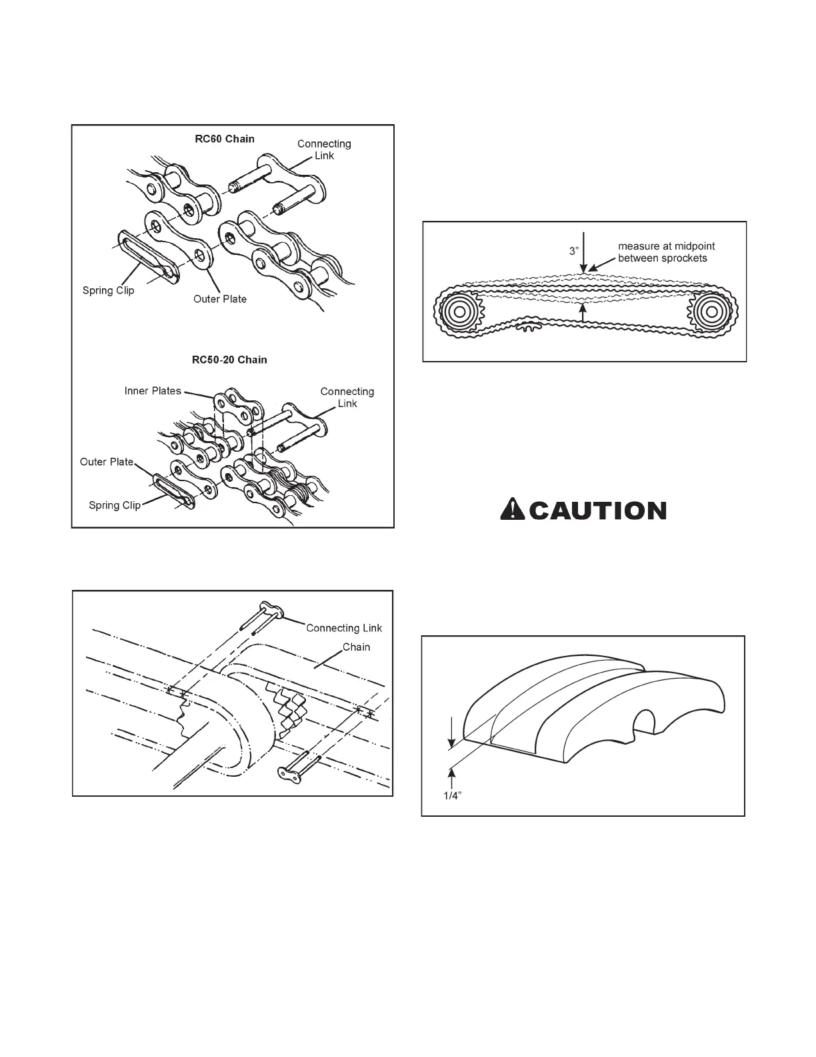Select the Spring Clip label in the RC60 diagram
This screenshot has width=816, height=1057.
point(108,290)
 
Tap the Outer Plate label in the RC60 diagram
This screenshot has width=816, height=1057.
point(220,299)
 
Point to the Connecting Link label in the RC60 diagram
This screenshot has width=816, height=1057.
point(324,149)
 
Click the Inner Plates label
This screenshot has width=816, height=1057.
point(153,391)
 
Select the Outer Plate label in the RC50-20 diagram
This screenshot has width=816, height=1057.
point(107,462)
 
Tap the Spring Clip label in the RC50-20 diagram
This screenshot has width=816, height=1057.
point(115,505)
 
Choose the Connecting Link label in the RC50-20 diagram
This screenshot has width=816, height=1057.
point(347,397)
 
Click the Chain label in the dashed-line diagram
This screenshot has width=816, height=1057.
point(356,647)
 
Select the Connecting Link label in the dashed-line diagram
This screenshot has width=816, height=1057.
point(344,628)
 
